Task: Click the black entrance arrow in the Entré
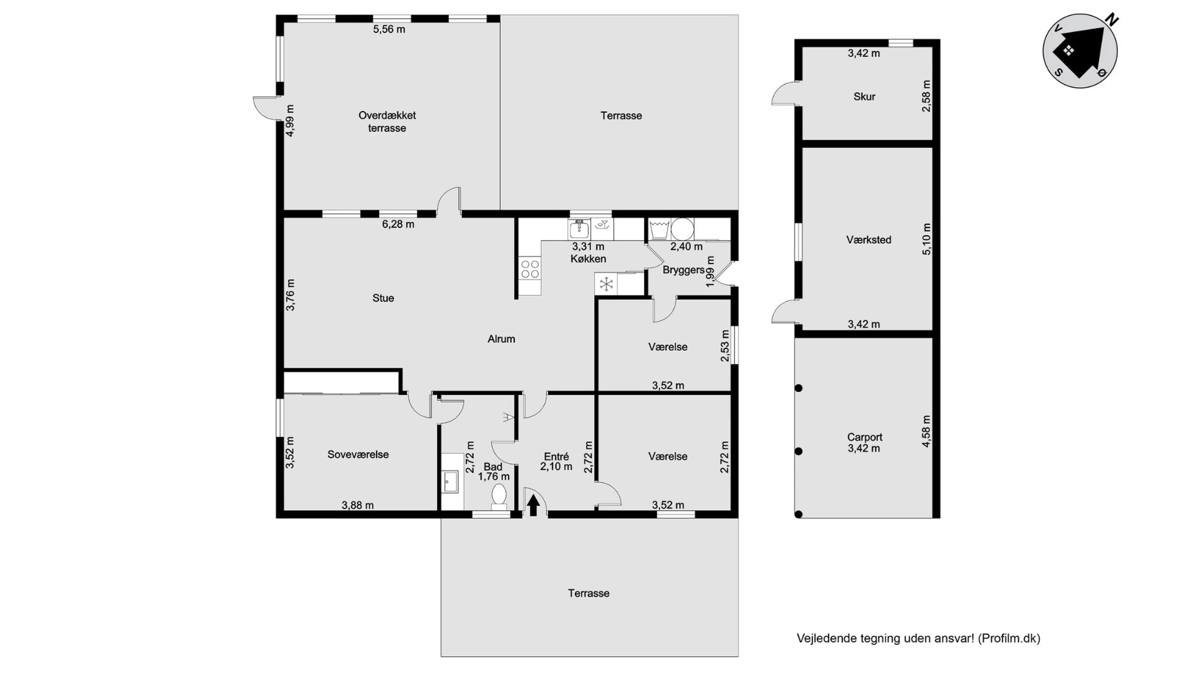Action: pos(533,505)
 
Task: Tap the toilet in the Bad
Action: pos(499,497)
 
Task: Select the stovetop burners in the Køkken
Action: pos(530,269)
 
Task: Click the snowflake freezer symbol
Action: pos(606,285)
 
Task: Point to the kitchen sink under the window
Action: pos(579,229)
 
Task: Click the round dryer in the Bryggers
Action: pos(682,229)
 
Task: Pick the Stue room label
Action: pos(383,298)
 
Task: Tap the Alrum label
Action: pos(501,339)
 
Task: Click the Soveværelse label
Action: pos(358,454)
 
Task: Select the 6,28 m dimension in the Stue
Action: pos(398,224)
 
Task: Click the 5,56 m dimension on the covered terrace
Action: pos(389,29)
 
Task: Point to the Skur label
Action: pos(864,97)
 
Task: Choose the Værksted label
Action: pos(868,239)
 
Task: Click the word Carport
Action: pos(865,437)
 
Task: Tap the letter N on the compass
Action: pos(1112,21)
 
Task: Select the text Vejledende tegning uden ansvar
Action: pos(885,638)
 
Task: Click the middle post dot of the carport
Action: pos(799,451)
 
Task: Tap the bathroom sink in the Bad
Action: pos(450,481)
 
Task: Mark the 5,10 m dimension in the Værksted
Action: pos(926,239)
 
